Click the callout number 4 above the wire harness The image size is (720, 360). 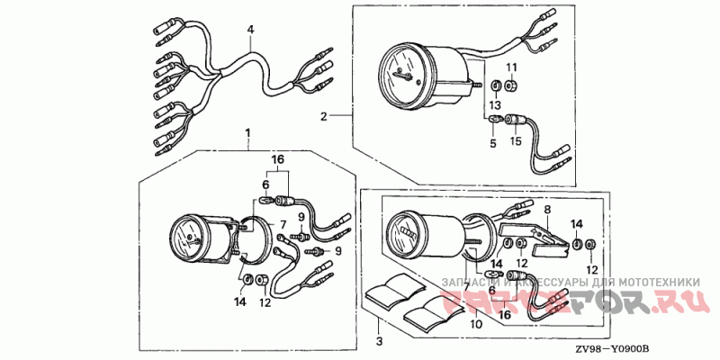click(251, 30)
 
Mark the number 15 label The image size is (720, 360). click(517, 140)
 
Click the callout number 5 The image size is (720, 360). click(492, 141)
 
